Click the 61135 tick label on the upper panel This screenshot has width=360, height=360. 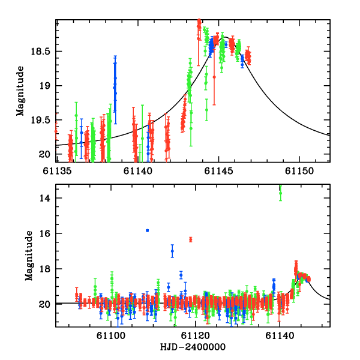click(x=56, y=172)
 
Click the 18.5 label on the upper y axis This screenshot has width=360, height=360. click(x=40, y=52)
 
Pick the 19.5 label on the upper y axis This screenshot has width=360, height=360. click(x=40, y=121)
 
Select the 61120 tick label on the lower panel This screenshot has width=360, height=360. click(x=197, y=337)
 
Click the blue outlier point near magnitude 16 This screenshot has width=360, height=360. click(x=147, y=230)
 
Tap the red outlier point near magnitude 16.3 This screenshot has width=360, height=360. click(x=191, y=239)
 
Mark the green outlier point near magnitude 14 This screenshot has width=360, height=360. click(x=280, y=193)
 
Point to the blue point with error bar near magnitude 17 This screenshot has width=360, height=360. click(x=172, y=251)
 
